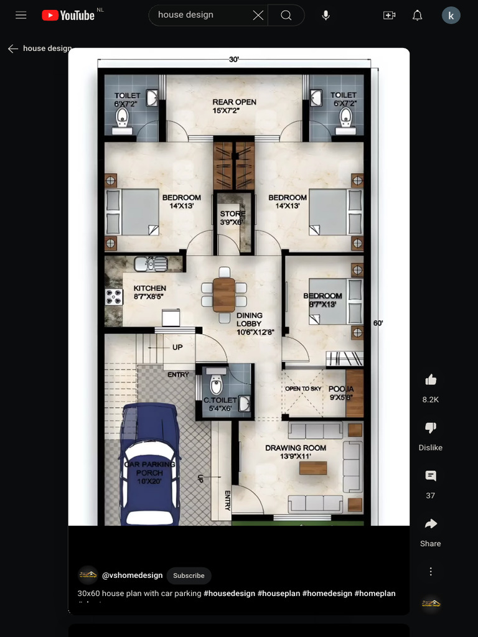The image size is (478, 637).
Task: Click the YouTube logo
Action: click(68, 15)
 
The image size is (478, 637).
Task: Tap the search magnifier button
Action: click(286, 15)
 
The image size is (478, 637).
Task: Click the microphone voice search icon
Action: click(326, 15)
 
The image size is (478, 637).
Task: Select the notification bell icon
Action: click(418, 15)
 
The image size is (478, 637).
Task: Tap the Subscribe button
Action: click(189, 575)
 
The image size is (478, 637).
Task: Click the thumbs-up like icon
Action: click(430, 380)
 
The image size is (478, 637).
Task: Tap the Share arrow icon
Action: click(430, 524)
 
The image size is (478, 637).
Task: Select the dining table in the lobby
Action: click(224, 294)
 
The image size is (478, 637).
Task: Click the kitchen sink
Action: click(151, 264)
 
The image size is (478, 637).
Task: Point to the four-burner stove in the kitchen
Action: click(113, 297)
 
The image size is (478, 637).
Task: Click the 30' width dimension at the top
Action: click(234, 60)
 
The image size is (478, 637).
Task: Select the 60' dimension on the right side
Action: click(378, 323)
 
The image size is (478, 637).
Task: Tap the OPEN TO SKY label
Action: click(303, 389)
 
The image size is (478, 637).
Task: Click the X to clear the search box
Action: click(258, 15)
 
